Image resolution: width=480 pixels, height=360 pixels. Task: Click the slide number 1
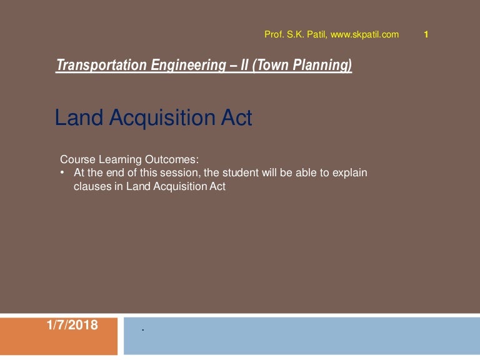click(426, 34)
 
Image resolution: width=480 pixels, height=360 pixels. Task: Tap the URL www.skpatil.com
click(364, 34)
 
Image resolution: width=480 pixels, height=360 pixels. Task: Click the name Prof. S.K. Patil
click(296, 34)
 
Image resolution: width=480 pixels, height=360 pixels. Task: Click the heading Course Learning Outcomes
click(129, 159)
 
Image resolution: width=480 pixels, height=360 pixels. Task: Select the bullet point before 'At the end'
click(62, 172)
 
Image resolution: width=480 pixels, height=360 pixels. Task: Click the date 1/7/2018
click(72, 324)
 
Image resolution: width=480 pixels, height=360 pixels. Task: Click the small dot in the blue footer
click(143, 329)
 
